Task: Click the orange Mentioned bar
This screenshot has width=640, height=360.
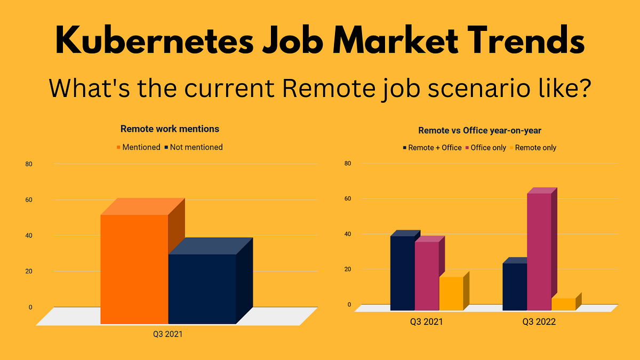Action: click(134, 269)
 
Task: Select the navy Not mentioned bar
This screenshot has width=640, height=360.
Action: click(202, 289)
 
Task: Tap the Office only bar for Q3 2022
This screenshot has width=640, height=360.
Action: click(539, 251)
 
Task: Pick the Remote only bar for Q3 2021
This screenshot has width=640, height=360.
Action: click(451, 293)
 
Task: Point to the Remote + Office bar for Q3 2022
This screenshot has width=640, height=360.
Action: click(514, 286)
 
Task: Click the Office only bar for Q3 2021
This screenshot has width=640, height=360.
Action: click(427, 276)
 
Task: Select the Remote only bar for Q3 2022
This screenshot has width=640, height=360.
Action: click(563, 304)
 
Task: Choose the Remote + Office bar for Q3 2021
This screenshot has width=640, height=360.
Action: click(402, 273)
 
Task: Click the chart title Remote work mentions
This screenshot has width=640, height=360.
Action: click(170, 129)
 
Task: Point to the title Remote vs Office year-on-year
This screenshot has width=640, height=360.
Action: click(481, 130)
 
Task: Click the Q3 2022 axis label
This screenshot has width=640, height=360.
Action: click(539, 322)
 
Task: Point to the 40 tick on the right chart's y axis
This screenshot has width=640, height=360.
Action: click(347, 234)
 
